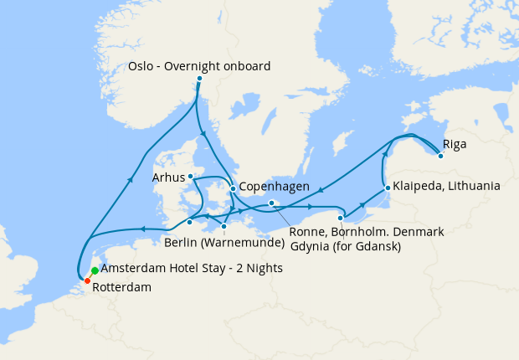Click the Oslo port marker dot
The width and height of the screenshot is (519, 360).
tap(199, 79)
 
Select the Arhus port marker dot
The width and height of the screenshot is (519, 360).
tap(191, 177)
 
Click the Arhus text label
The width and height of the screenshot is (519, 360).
tap(168, 177)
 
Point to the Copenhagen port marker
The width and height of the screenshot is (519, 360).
tap(233, 188)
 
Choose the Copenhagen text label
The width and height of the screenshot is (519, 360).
tap(275, 187)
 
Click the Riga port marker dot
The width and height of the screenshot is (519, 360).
tap(440, 155)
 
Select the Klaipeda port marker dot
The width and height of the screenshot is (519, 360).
tap(388, 187)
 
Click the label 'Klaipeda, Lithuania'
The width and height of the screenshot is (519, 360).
tap(447, 185)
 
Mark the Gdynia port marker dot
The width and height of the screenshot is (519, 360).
tap(340, 219)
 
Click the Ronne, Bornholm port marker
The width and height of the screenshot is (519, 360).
tap(272, 203)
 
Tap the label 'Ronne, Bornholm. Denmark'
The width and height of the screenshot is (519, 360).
tap(366, 231)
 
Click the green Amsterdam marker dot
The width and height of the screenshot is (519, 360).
tap(95, 270)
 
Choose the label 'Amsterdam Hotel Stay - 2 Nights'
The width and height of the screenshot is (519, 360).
tap(192, 269)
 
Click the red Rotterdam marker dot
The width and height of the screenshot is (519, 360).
tap(87, 280)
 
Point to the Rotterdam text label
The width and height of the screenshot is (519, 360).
tap(122, 287)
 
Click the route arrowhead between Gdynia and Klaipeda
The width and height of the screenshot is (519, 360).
tap(363, 205)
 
